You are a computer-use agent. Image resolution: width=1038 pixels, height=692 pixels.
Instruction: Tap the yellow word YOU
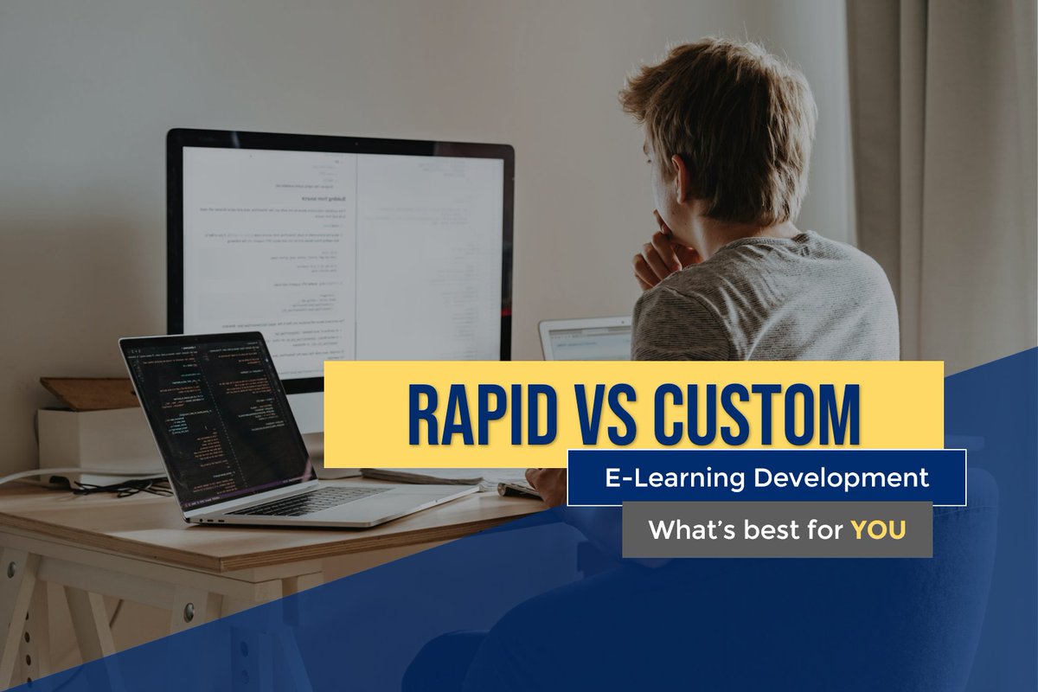(878, 529)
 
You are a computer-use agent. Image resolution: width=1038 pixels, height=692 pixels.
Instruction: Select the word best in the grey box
(768, 529)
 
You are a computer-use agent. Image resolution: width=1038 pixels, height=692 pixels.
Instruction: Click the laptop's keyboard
(311, 500)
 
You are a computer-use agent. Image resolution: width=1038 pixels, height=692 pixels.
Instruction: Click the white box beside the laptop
(86, 437)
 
